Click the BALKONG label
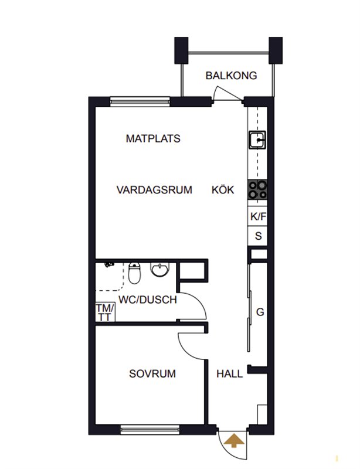(x=231, y=76)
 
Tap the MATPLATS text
(x=153, y=138)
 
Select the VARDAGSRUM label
(x=154, y=190)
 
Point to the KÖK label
(x=223, y=189)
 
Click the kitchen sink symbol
(x=257, y=140)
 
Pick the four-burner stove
(x=257, y=190)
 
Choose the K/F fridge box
(x=257, y=216)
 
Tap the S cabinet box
(x=257, y=236)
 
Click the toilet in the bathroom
(x=134, y=273)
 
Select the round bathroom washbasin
(x=160, y=269)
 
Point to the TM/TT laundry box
(x=105, y=312)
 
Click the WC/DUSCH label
(x=148, y=300)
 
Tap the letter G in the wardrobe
(x=260, y=312)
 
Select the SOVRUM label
(x=152, y=373)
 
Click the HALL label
(x=229, y=373)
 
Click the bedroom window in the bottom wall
(x=150, y=430)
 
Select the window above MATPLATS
(x=140, y=101)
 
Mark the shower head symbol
(x=109, y=264)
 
